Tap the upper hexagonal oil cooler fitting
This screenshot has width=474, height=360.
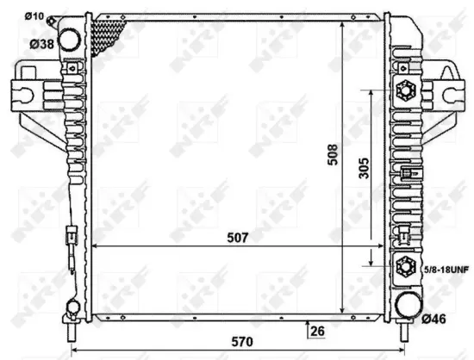coord(404,90)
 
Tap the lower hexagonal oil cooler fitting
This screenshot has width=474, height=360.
coord(404,269)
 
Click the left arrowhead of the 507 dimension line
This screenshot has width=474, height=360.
coord(96,246)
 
